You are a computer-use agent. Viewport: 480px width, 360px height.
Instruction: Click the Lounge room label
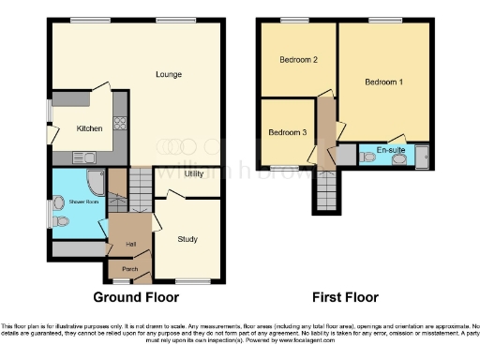pyautogui.click(x=169, y=74)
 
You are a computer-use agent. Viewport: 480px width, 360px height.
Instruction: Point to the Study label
pyautogui.click(x=187, y=239)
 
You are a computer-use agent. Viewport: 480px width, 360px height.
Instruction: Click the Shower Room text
pyautogui.click(x=80, y=186)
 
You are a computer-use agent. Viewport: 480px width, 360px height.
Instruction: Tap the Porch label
pyautogui.click(x=129, y=270)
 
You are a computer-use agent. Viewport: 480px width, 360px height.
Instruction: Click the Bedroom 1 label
pyautogui.click(x=384, y=82)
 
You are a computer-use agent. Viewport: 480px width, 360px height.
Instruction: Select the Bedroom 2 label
pyautogui.click(x=298, y=60)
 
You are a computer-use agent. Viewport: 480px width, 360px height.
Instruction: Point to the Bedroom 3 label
pyautogui.click(x=287, y=132)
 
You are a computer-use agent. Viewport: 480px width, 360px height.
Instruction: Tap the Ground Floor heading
pyautogui.click(x=136, y=297)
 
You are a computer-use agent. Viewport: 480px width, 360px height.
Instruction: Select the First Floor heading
pyautogui.click(x=346, y=297)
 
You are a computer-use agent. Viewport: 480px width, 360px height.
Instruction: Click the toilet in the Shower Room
pyautogui.click(x=61, y=202)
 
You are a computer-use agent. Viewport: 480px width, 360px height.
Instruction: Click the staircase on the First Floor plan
pyautogui.click(x=325, y=193)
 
